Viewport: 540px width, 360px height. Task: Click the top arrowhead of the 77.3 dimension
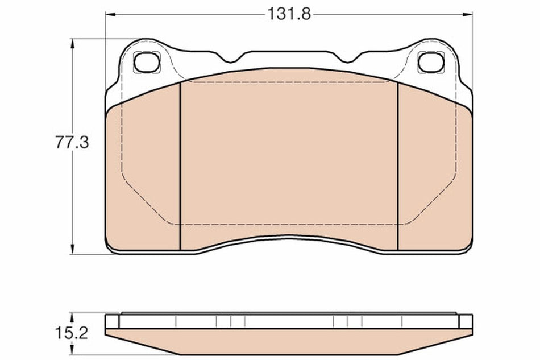72,43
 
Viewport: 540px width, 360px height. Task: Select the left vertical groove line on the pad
180,165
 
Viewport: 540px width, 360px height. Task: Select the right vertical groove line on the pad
397,165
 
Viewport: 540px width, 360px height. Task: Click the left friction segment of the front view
143,176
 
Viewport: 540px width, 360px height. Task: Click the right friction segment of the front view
435,176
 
